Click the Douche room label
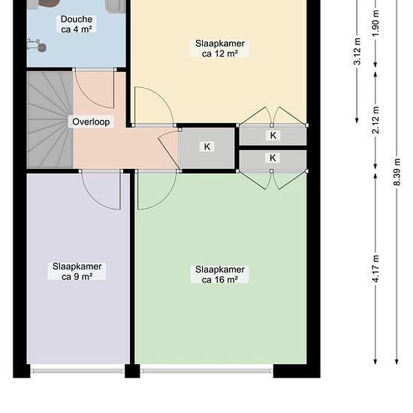coord(77,24)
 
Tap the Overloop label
coord(91,122)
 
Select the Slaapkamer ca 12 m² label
coord(220,49)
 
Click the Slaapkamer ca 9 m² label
coord(77,271)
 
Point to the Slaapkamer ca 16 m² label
coord(220,274)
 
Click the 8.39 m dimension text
coord(397,172)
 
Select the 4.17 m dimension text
coord(376,269)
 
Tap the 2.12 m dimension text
coord(376,120)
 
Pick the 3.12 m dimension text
coord(357,51)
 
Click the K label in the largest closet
coord(207,146)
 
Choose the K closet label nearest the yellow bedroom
coord(273,135)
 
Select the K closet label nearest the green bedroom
coord(273,158)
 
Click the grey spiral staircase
coord(50,120)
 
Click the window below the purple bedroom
coord(77,371)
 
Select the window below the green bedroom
coord(206,371)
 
